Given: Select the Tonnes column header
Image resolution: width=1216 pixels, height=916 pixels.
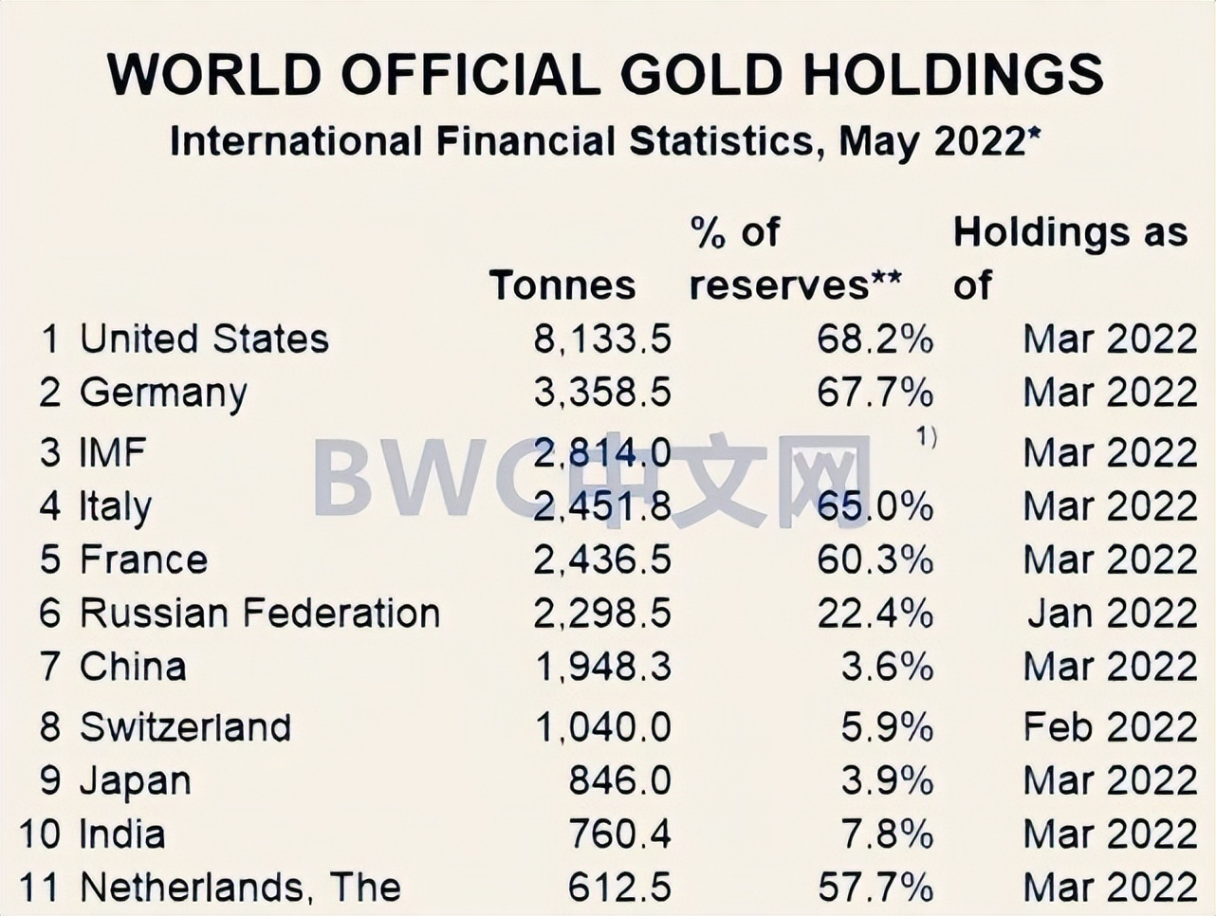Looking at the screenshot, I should [x=562, y=284].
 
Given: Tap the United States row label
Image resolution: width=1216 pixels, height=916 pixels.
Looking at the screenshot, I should [x=204, y=339].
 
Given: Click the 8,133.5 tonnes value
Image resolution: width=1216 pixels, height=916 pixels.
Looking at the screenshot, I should [x=602, y=339].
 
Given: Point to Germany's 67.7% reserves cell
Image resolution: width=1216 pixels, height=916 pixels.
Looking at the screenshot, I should [x=875, y=392].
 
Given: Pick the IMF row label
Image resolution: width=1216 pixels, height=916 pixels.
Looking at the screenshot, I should [x=113, y=452].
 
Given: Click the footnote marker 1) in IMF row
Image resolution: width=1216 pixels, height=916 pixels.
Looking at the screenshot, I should [x=926, y=436].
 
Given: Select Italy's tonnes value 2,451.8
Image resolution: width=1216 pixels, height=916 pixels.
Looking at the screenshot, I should [x=602, y=506].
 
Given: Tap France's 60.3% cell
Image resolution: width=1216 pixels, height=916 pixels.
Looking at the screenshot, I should [x=875, y=559].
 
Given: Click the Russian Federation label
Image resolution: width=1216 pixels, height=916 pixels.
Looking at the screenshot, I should [x=260, y=613].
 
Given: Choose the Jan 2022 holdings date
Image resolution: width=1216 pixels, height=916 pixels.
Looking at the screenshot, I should [x=1112, y=613].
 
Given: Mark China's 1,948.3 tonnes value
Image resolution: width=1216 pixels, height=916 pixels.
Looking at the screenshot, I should [x=603, y=667].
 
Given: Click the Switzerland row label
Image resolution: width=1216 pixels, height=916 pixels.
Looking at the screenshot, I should [x=186, y=727].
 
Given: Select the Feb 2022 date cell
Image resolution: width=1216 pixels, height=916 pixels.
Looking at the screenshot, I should [x=1110, y=727].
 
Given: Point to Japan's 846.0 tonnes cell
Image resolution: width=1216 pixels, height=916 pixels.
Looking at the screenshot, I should [x=619, y=780].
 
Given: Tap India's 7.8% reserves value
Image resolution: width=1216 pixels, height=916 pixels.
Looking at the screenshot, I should [x=887, y=834].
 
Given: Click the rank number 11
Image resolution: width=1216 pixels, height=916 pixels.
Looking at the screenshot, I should [x=39, y=888].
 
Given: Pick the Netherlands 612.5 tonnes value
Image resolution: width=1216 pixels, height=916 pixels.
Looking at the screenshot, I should [x=619, y=888].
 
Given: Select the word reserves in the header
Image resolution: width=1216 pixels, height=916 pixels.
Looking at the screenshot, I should [x=779, y=284].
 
